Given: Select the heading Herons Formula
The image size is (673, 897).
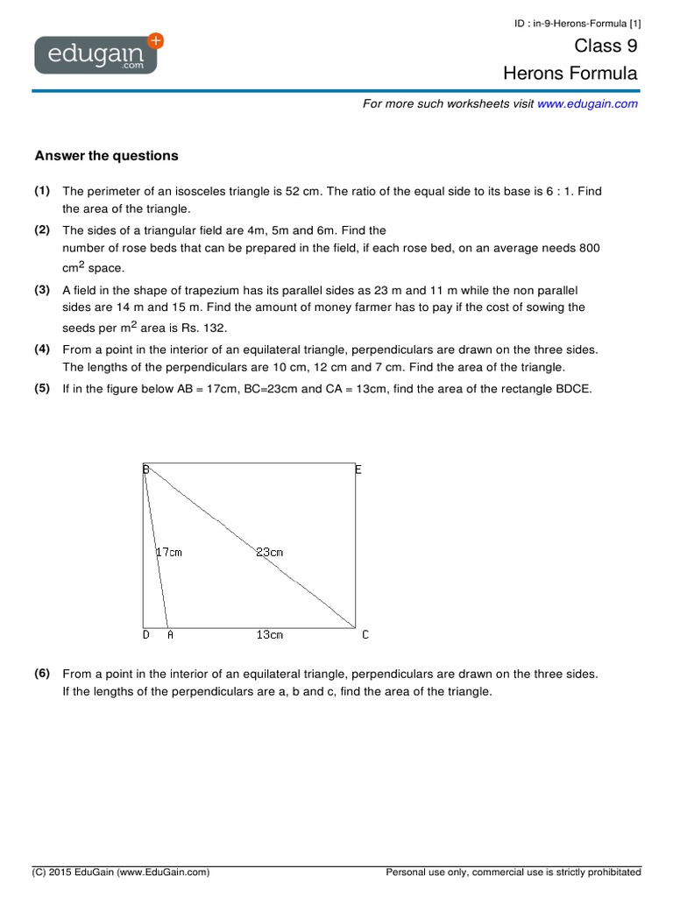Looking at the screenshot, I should coord(570,74).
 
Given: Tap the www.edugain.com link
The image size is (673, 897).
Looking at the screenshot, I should coord(587,103).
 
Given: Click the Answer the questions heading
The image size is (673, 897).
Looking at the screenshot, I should coord(106,156).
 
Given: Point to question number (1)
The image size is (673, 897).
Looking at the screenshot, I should coord(42,191).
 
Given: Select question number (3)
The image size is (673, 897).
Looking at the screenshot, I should coord(42,289).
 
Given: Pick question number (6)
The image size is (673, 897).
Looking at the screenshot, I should coord(42,674).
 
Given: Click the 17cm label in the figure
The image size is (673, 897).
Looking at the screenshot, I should coord(168,553).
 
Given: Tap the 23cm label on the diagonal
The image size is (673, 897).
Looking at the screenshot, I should coord(269,553).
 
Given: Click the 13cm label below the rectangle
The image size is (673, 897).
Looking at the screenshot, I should coord(269,635).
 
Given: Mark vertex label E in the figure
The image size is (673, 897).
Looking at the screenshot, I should coord(358,470).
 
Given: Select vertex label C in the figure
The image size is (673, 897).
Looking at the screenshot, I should coord(365,635).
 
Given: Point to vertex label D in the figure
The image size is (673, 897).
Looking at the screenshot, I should coord(145,635).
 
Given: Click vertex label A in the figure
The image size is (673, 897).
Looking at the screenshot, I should coord(169,635).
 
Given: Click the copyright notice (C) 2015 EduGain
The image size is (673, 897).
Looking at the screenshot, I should coord(121,872).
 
